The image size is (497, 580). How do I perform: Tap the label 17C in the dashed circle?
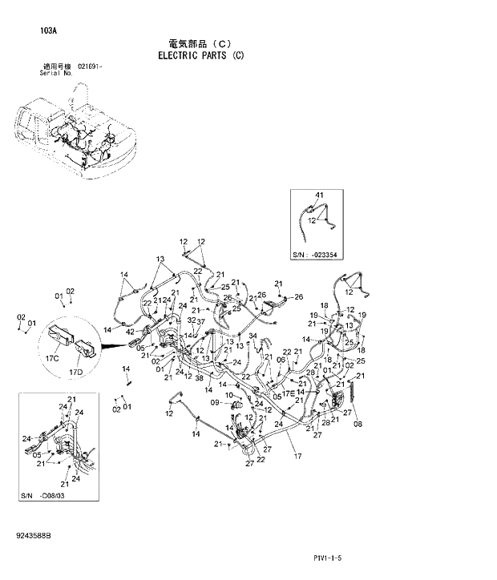(52, 358)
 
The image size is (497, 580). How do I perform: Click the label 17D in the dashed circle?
(76, 371)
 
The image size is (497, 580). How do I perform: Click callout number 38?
(198, 377)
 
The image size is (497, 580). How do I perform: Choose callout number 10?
(228, 395)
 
